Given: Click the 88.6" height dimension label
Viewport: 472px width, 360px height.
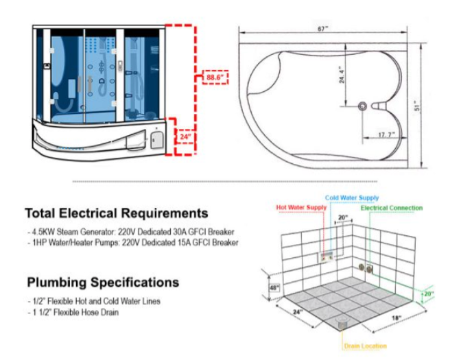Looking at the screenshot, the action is click(x=215, y=77).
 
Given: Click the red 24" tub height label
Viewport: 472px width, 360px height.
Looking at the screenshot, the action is click(x=185, y=137).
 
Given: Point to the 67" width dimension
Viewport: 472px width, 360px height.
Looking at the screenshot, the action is click(x=323, y=29).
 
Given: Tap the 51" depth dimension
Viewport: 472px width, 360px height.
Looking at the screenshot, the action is click(x=417, y=106).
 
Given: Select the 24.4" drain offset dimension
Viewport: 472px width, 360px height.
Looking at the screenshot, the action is click(x=342, y=75).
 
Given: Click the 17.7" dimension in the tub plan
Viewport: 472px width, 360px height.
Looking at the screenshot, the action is click(x=386, y=134).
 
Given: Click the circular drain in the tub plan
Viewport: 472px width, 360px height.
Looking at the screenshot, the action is click(x=363, y=106).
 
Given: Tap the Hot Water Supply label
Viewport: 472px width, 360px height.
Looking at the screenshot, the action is click(x=301, y=207).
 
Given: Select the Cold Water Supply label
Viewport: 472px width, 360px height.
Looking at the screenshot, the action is click(x=352, y=197).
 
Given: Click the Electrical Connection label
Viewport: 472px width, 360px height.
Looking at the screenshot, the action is click(x=392, y=208).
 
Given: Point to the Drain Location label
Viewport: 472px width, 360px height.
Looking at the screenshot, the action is click(x=365, y=346).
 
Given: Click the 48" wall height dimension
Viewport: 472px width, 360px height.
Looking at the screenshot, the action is click(x=274, y=288).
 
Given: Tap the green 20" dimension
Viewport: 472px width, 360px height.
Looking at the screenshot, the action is click(x=429, y=293).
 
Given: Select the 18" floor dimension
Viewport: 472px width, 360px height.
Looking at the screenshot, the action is click(x=397, y=317).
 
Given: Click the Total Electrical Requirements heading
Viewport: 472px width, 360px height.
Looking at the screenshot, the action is click(x=117, y=213).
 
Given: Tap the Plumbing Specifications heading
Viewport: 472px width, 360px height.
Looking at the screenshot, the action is click(x=103, y=282).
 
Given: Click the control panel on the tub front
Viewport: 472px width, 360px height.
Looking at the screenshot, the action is click(x=156, y=139).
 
